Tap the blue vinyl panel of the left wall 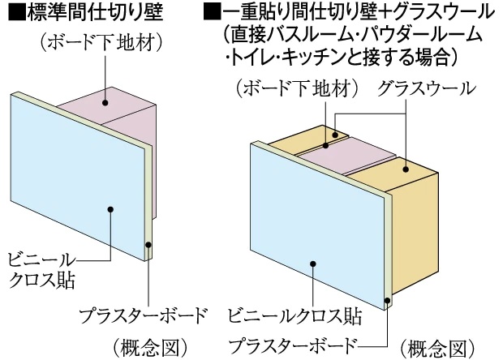[73, 186]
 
